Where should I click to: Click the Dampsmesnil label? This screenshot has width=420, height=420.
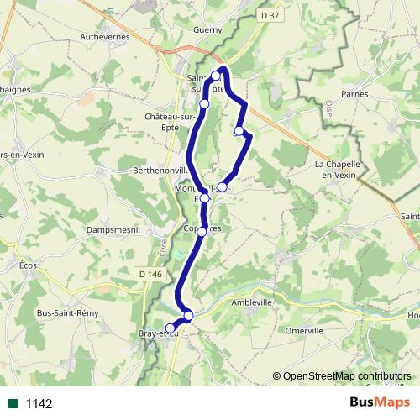tap(112, 228)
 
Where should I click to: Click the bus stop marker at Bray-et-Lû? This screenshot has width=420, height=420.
tap(171, 328)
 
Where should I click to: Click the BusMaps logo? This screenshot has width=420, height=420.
tap(380, 403)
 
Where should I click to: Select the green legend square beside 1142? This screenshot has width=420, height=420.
tap(12, 404)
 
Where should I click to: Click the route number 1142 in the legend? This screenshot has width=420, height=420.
tap(39, 404)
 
